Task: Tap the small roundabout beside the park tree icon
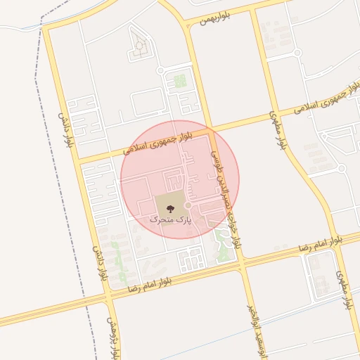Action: (x=188, y=206)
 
